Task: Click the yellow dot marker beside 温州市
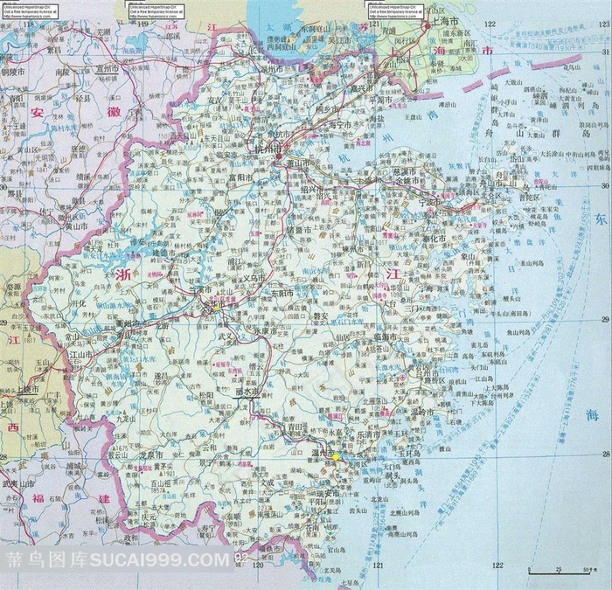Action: (335, 456)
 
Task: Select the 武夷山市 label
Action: (17, 483)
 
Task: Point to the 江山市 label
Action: (80, 355)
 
